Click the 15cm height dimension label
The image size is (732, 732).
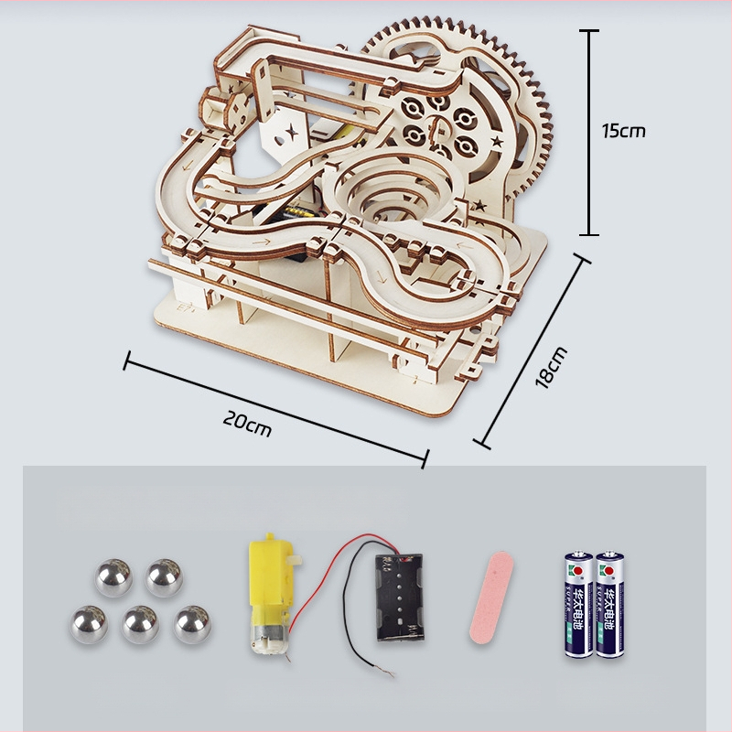point(623,130)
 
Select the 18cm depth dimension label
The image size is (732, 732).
point(552,366)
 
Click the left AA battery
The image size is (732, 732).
point(578,604)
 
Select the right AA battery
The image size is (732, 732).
point(608,604)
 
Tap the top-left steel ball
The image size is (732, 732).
point(112,578)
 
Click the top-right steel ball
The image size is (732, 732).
point(164,578)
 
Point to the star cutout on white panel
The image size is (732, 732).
point(292,133)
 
